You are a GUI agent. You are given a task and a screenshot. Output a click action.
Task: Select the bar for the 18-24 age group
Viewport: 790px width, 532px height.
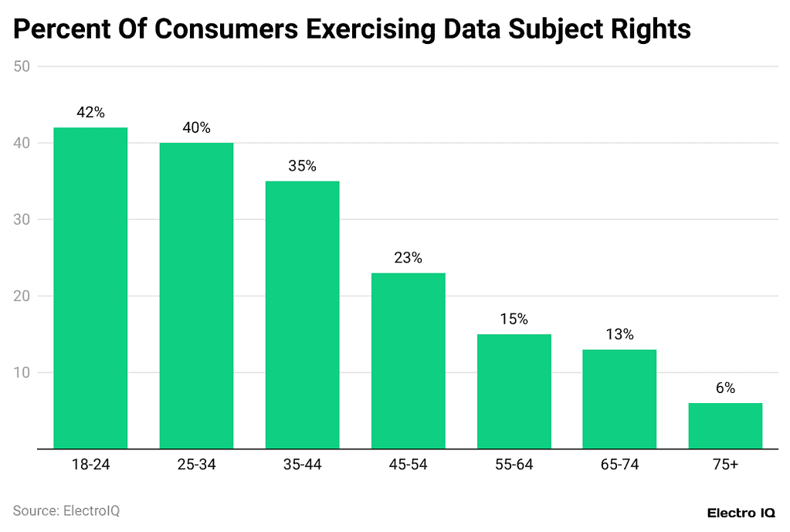[x=90, y=288]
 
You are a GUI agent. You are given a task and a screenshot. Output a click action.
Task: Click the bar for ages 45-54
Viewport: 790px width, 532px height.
[x=408, y=361]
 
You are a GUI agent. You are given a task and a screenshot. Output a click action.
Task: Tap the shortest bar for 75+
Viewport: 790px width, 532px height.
[x=725, y=425]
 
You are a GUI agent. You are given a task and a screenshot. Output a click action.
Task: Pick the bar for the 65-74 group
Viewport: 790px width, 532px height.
[x=619, y=399]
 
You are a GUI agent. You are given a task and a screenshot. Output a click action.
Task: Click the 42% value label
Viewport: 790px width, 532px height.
[x=90, y=113]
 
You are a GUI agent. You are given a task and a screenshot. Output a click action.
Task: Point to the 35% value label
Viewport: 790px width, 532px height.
[x=302, y=166]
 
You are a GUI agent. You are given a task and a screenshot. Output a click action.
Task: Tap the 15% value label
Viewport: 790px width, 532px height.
[x=514, y=320]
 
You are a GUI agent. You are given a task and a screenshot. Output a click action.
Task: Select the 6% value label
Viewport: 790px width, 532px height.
[x=725, y=388]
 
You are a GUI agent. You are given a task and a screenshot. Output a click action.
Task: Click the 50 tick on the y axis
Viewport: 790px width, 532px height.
[x=22, y=67]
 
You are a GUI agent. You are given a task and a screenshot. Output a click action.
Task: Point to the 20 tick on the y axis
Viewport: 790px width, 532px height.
[x=22, y=296]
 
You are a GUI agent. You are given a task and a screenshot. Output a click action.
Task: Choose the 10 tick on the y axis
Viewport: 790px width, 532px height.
[x=22, y=373]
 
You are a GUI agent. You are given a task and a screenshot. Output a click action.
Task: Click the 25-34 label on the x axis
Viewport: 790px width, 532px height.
[x=196, y=465]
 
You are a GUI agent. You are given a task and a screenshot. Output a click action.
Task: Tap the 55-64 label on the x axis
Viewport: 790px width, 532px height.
[x=514, y=465]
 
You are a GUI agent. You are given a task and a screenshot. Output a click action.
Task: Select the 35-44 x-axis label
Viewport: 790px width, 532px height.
[x=302, y=465]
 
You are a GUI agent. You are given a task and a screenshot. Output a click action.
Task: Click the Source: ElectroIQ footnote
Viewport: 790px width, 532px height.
[x=66, y=511]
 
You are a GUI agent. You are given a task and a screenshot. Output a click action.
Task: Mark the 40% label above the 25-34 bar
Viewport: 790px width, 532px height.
[x=196, y=128]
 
